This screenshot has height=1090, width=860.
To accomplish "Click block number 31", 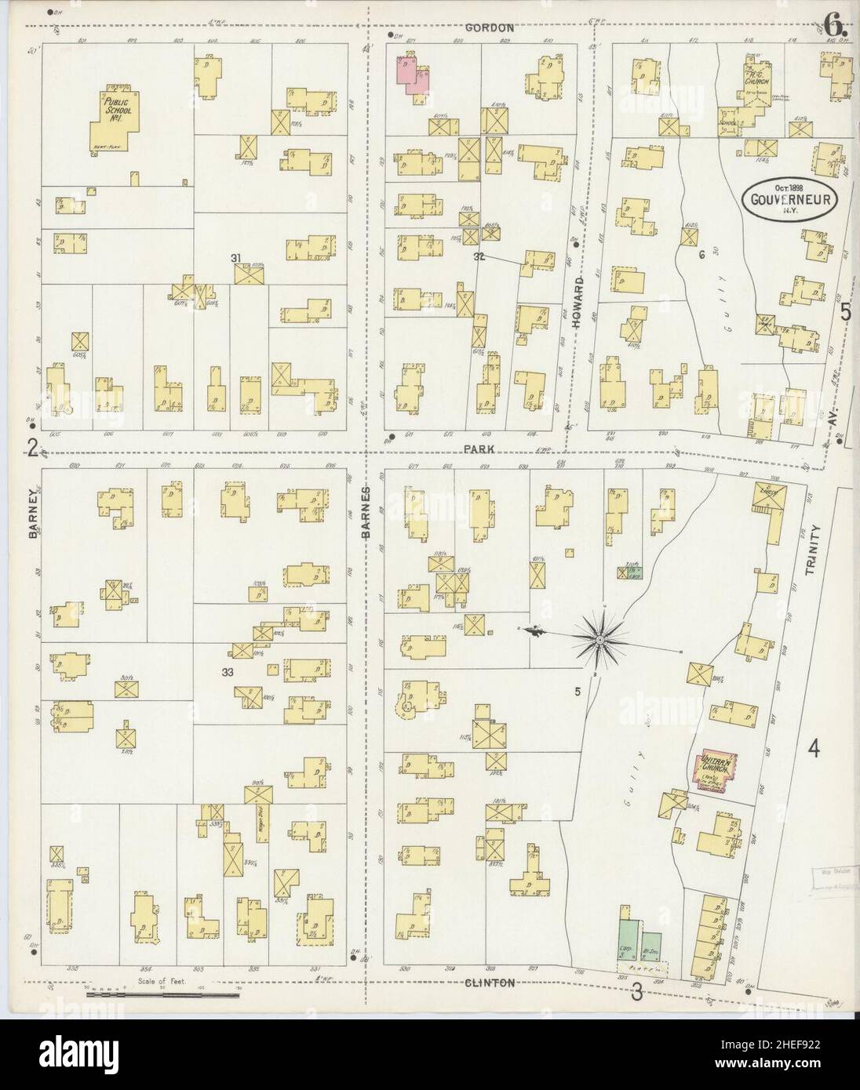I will pyautogui.click(x=235, y=257).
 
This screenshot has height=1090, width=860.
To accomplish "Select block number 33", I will pyautogui.click(x=228, y=672).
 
